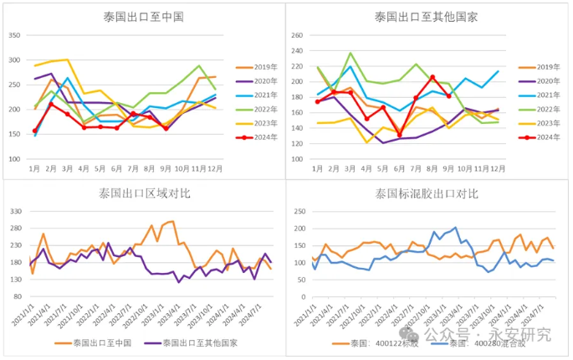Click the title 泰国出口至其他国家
(x=427, y=16)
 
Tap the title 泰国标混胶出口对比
(x=427, y=193)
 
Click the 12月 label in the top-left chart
(x=215, y=168)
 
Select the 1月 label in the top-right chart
(x=318, y=168)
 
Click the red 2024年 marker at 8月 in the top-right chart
(x=432, y=77)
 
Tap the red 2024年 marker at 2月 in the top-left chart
(x=52, y=104)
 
